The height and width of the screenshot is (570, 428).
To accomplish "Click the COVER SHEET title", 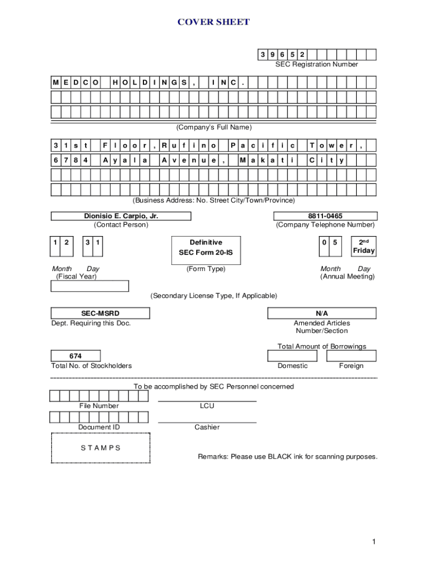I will click(213, 22).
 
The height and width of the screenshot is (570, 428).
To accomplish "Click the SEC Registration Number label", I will click(317, 65).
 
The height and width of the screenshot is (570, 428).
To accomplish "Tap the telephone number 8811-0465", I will click(325, 216).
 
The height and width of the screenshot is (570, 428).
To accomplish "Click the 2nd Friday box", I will click(364, 246).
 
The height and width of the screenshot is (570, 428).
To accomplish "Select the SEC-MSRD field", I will click(92, 313).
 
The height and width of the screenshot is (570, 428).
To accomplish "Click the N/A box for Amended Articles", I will click(322, 313).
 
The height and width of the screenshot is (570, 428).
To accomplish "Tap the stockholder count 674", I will click(76, 356).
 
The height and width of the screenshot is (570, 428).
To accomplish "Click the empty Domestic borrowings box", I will click(292, 356).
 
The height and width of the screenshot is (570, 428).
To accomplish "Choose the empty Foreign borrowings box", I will click(351, 356).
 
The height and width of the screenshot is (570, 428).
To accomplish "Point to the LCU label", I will click(207, 406).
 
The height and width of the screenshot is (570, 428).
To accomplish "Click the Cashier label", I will click(207, 427).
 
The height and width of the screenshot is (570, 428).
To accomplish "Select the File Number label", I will click(98, 406).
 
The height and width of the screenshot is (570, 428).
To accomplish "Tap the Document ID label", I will click(98, 427).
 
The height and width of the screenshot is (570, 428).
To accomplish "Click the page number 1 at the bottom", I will click(375, 542).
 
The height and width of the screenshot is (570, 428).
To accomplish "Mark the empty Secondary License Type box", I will click(89, 286).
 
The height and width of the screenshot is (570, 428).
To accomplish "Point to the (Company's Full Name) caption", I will click(214, 127).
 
